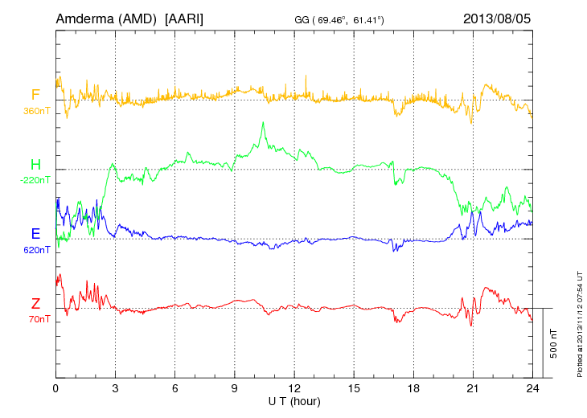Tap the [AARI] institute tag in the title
pyautogui.click(x=183, y=18)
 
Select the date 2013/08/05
pyautogui.click(x=497, y=18)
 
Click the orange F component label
pyautogui.click(x=35, y=94)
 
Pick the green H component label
pyautogui.click(x=35, y=164)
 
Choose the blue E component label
pyautogui.click(x=35, y=234)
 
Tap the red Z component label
pyautogui.click(x=35, y=304)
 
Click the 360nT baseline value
pyautogui.click(x=36, y=110)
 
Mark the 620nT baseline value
pyautogui.click(x=36, y=250)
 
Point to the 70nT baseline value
pyautogui.click(x=37, y=320)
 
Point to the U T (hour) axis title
pyautogui.click(x=294, y=400)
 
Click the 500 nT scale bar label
pyautogui.click(x=554, y=343)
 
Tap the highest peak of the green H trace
pyautogui.click(x=263, y=122)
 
